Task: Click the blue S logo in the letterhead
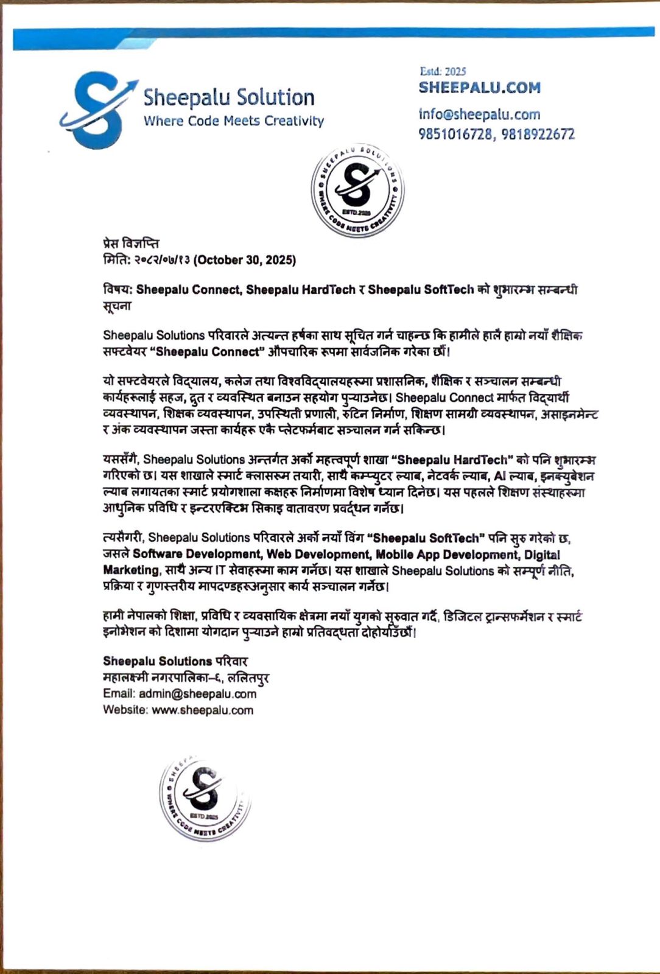[97, 110]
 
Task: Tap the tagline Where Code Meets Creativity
[233, 121]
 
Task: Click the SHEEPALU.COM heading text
[479, 88]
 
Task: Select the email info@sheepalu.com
[479, 114]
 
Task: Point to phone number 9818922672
[538, 135]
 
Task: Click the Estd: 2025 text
[443, 71]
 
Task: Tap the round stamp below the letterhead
[357, 190]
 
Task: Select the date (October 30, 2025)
[245, 261]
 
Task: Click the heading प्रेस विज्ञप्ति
[131, 244]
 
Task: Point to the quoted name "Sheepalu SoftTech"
[427, 538]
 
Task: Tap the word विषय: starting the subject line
[118, 290]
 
